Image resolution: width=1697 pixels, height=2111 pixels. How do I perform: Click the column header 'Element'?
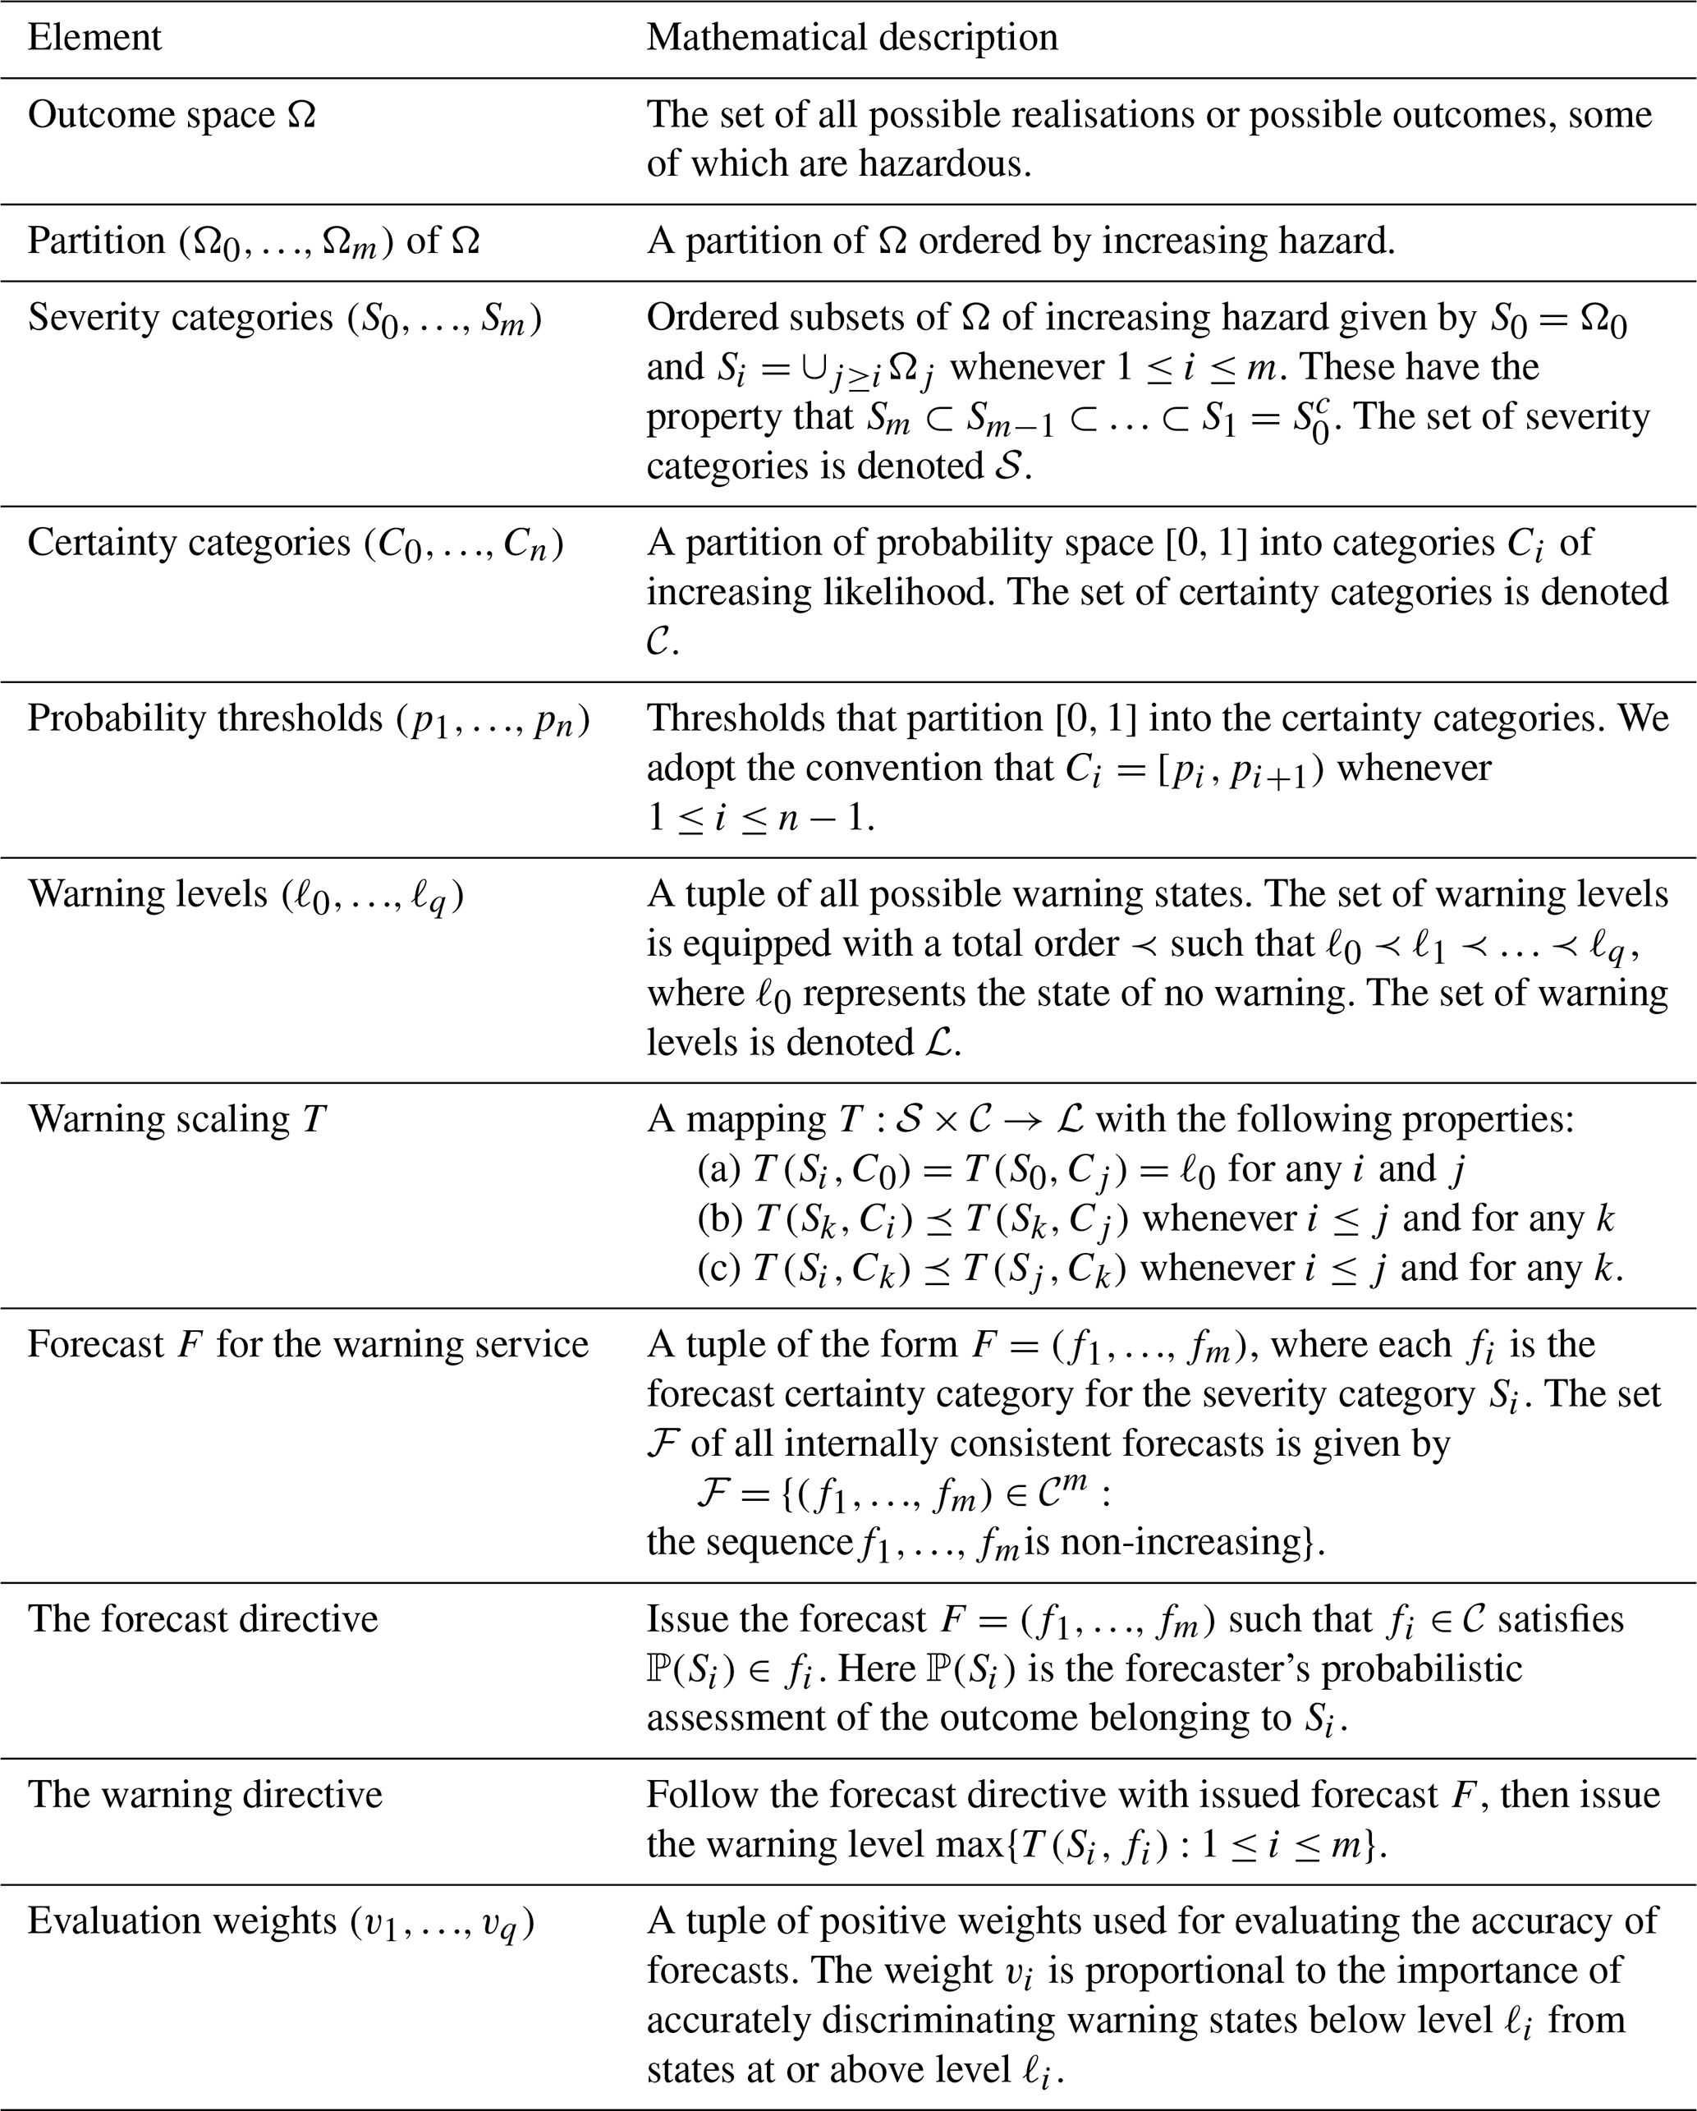click(94, 37)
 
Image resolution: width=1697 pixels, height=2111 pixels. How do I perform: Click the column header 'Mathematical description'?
click(852, 37)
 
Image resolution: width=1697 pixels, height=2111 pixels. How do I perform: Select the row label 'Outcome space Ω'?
click(172, 115)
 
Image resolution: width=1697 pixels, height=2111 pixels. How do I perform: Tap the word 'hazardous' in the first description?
click(943, 163)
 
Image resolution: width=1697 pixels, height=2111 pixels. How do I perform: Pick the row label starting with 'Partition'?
click(253, 241)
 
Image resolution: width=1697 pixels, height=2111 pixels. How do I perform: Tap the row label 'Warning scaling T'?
click(177, 1118)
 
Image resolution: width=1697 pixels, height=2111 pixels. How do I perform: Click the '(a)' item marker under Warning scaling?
click(718, 1168)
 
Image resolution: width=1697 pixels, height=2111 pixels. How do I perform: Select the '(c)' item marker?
click(718, 1268)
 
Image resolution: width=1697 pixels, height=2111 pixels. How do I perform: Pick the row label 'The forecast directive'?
click(203, 1618)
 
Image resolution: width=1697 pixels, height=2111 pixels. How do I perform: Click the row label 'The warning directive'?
click(204, 1795)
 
